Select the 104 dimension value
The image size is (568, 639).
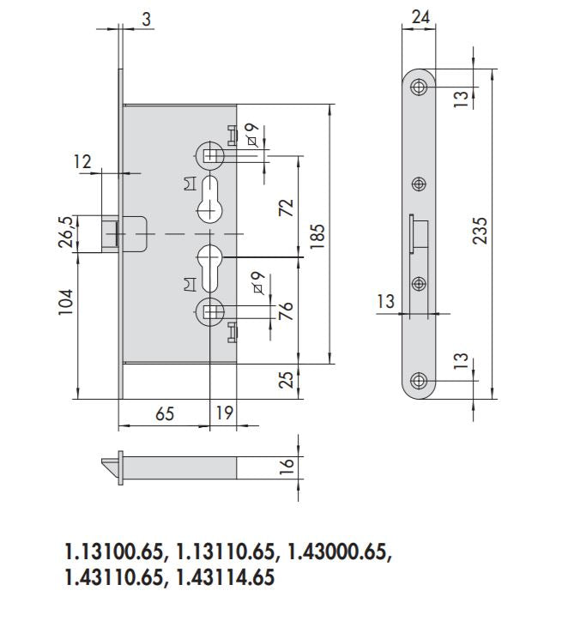click(66, 302)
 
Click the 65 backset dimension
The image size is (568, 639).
click(165, 413)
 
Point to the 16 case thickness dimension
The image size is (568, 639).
click(287, 466)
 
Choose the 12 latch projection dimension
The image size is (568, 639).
click(82, 160)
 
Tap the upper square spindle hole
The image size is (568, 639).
click(211, 155)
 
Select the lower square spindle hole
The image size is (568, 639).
click(211, 312)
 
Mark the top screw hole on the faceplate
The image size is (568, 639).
click(420, 87)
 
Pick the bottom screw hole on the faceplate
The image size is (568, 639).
click(420, 381)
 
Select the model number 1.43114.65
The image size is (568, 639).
click(226, 578)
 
